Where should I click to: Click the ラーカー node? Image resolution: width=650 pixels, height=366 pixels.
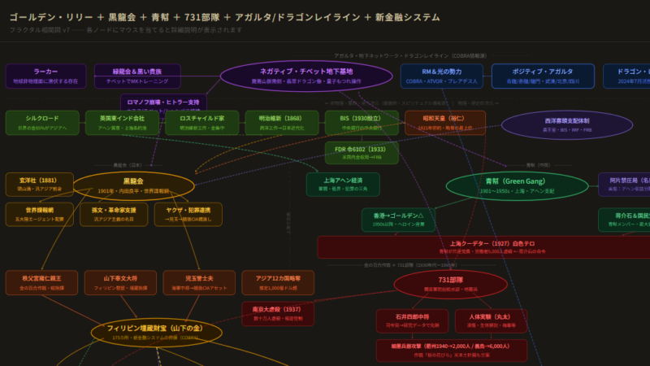45,76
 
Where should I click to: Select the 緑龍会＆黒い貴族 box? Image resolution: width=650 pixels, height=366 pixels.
137,76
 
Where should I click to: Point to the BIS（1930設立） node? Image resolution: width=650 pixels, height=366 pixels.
362,122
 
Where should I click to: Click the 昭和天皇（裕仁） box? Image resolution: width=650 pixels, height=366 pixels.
444,122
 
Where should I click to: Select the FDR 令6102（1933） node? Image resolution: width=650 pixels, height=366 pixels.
362,153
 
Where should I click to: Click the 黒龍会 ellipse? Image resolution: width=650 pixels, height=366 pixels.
134,185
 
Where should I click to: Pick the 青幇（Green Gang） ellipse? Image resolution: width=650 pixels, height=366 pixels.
516,185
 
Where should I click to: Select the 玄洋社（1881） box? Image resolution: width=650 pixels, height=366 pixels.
39,184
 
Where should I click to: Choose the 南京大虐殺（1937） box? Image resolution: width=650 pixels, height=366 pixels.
278,313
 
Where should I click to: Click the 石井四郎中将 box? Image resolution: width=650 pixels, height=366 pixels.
412,320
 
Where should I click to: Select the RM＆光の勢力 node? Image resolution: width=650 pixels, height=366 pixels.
441,76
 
